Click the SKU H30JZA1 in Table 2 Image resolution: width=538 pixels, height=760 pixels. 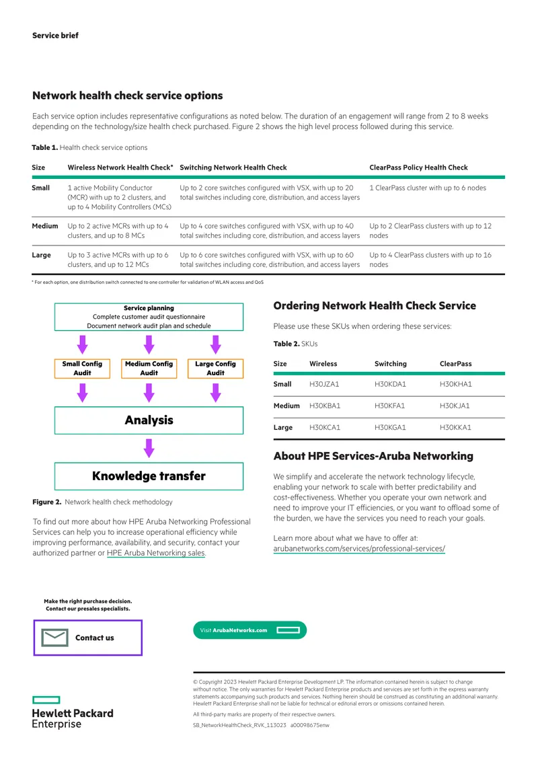[324, 384]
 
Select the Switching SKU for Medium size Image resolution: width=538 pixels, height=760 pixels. [389, 406]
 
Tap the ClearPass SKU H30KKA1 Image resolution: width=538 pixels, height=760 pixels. [455, 428]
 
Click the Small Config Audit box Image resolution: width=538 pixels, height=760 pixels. [83, 369]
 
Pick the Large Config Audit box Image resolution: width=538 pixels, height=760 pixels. [215, 369]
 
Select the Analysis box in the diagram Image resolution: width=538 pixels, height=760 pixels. [149, 420]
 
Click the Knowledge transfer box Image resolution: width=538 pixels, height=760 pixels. [149, 476]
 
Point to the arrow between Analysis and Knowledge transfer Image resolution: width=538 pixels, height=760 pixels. [149, 449]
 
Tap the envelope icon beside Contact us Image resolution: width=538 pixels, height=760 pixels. [54, 638]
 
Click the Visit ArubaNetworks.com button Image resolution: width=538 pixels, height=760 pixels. [249, 630]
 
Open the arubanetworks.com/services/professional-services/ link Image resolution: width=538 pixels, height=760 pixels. [359, 549]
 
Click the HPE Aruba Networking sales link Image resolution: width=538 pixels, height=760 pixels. [156, 553]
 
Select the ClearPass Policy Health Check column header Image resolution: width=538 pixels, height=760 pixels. [418, 167]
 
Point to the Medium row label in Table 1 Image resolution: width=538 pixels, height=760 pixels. [45, 226]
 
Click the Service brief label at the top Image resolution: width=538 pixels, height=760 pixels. [55, 36]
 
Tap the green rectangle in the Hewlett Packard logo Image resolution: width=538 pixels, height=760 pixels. [46, 700]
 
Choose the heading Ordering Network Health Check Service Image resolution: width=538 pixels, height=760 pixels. [375, 306]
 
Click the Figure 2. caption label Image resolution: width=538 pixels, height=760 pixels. [47, 502]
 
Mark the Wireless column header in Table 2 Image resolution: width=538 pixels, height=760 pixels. [323, 363]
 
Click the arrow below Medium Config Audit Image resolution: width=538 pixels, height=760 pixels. [149, 393]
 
